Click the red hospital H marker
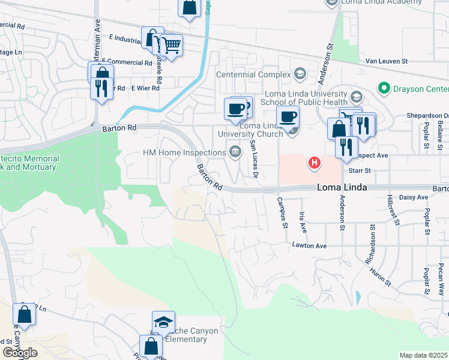[313, 162]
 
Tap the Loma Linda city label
[342, 188]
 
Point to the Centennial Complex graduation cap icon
[300, 74]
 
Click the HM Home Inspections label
[184, 152]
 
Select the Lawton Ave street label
[309, 245]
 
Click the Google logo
[20, 353]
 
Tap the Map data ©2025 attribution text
[424, 355]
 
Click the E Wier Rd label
[147, 88]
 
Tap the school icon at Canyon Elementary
[163, 322]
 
